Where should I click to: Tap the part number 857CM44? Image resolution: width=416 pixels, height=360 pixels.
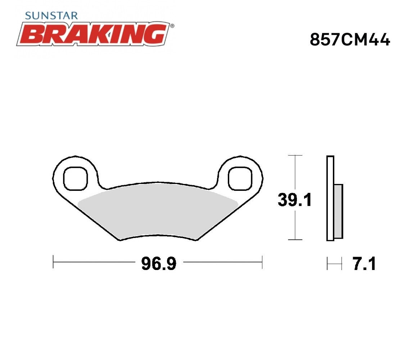350,40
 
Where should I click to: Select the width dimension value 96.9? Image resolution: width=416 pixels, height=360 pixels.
159,264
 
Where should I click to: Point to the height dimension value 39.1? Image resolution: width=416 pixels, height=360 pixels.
294,200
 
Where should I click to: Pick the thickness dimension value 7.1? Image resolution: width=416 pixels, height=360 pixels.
364,264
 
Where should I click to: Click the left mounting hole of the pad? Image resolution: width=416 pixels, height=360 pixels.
75,178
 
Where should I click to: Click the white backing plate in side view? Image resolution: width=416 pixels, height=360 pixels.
330,198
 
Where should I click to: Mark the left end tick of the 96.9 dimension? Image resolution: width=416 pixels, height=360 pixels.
53,262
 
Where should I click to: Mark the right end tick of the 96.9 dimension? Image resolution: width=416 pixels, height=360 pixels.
262,262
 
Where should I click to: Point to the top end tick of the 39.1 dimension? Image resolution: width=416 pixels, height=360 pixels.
295,156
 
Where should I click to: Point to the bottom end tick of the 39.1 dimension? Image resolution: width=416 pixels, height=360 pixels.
295,239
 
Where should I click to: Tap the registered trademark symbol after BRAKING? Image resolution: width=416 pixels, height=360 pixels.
172,26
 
